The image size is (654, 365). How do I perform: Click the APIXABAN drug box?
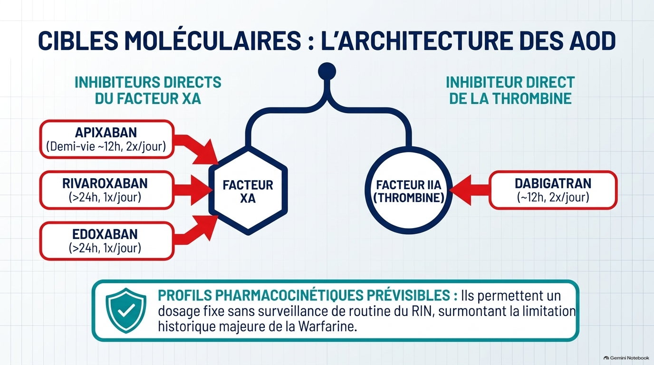pos(107,139)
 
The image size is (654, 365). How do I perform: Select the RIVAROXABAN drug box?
pos(107,190)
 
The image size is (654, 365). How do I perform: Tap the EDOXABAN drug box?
pos(107,241)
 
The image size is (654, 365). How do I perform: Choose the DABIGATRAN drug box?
pos(553,190)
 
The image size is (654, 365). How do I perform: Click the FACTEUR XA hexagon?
pos(248,191)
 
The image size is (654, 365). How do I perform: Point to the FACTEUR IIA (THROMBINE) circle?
pos(408,191)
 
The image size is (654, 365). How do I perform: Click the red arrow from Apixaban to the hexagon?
pos(196,149)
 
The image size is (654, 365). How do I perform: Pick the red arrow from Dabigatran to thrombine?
pos(470,190)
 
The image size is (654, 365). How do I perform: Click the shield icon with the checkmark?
pos(126,310)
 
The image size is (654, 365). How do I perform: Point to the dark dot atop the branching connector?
pos(327,71)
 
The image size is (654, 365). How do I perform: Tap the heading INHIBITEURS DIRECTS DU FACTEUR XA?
pos(148,90)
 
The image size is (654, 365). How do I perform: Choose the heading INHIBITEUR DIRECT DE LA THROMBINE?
pos(510,90)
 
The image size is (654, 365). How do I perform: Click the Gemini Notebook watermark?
pos(626,358)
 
